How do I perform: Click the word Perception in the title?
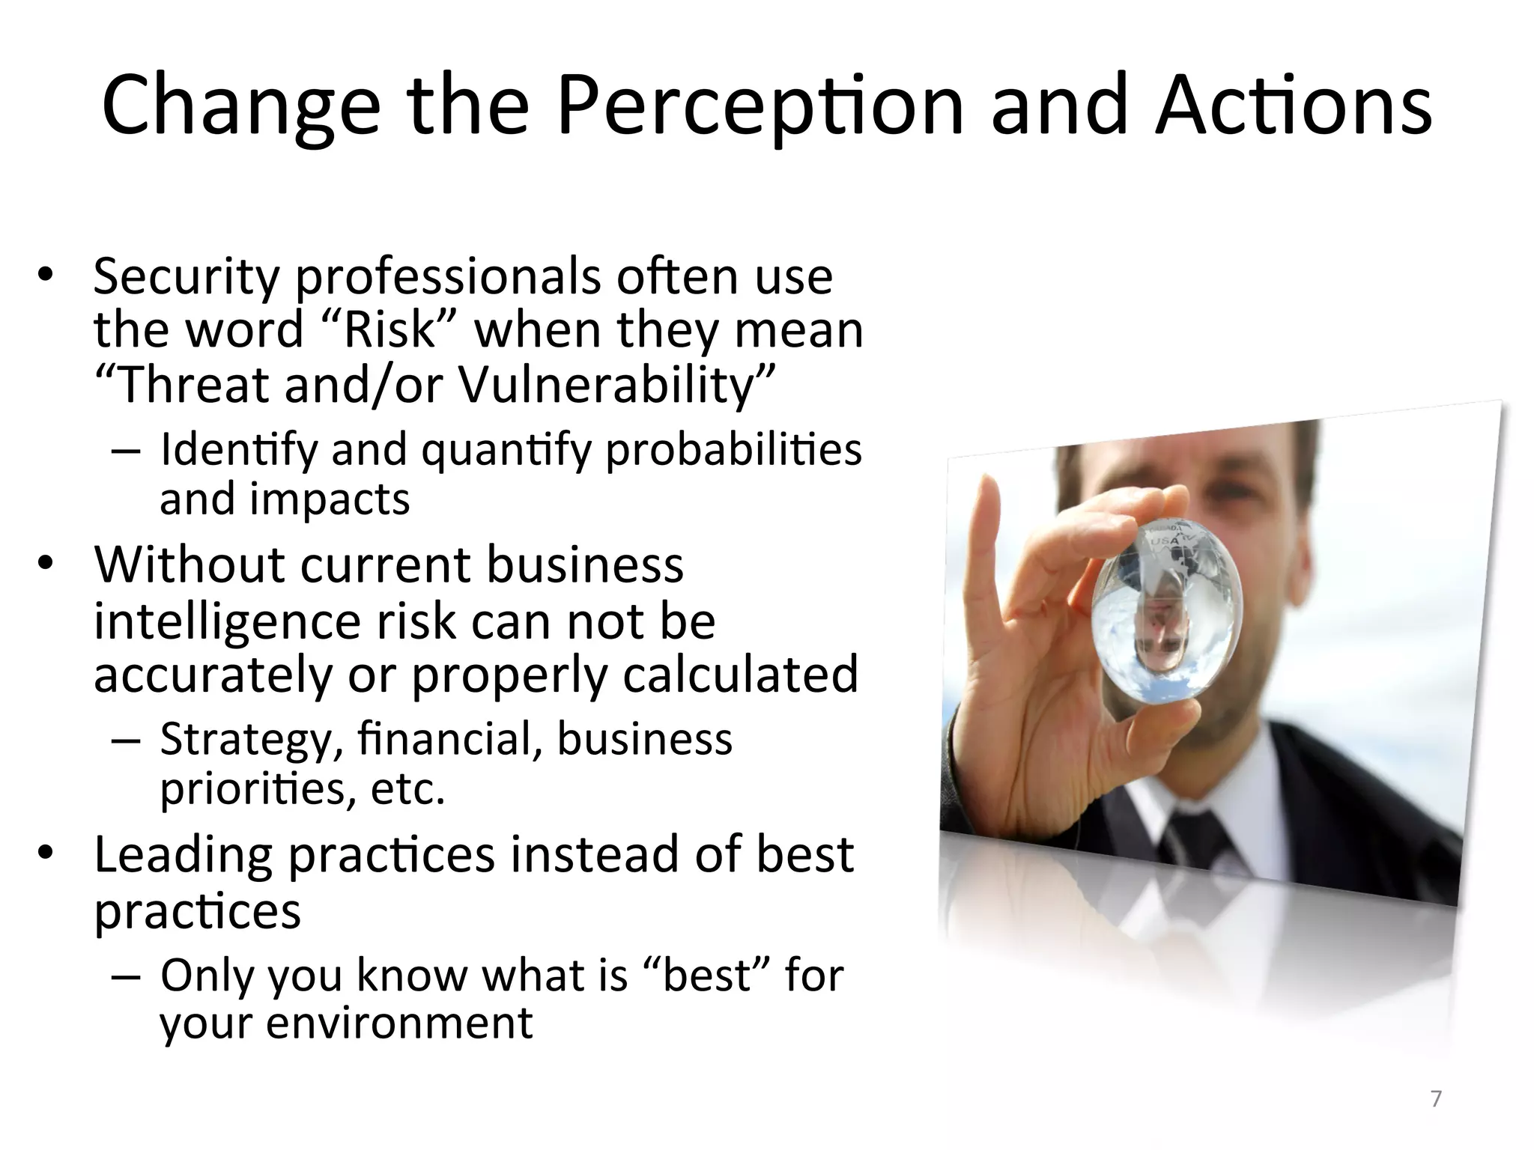coord(760,107)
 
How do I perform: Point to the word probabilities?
coord(733,451)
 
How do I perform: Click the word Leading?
coord(183,855)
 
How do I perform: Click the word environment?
coord(398,1023)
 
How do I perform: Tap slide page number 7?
coord(1435,1099)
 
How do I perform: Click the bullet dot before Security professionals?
coord(46,276)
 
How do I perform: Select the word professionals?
coord(447,277)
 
